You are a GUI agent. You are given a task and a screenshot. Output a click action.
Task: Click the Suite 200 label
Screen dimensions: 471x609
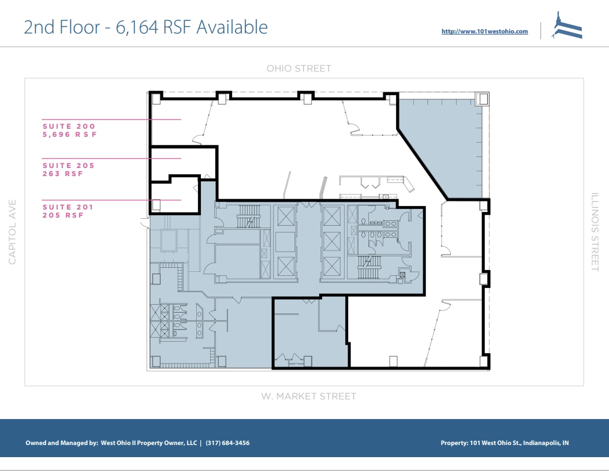coord(69,126)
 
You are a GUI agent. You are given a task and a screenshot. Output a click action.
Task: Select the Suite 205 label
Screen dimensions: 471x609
coord(68,166)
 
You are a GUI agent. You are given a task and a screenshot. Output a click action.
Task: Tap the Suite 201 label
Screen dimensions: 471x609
coord(68,207)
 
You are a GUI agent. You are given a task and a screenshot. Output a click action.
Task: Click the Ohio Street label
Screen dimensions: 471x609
coord(298,69)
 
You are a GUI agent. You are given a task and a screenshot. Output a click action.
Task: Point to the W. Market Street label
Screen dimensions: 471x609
coord(308,397)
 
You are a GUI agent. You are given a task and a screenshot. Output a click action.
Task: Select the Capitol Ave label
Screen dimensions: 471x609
coord(13,232)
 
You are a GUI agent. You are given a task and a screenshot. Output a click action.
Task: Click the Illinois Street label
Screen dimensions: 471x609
coord(595,232)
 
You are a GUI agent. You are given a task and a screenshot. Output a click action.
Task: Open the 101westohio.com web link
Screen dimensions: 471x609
coord(484,32)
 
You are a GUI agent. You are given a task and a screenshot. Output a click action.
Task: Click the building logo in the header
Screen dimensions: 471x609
coord(566,27)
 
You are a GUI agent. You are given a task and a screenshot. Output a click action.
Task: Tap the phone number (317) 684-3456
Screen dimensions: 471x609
coord(227,443)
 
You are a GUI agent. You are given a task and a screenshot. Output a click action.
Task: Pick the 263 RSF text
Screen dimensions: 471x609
coord(63,174)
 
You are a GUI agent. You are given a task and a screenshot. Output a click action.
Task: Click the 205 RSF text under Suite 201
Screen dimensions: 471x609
coord(63,215)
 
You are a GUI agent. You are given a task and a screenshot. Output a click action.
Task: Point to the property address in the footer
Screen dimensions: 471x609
coord(505,443)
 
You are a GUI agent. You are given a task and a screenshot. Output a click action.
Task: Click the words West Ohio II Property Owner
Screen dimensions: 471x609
coord(149,443)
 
